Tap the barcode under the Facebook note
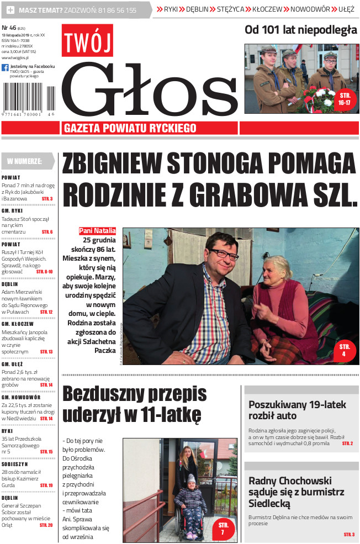coord(28,98)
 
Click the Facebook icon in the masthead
coord(5,68)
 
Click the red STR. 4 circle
coord(345,350)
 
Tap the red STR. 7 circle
coord(223,529)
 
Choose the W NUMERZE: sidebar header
coord(25,161)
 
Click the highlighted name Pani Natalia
coord(97,231)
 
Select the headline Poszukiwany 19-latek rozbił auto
coord(297,410)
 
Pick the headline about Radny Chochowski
coord(297,492)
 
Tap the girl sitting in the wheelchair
coord(190,500)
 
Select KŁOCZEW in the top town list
coord(267,9)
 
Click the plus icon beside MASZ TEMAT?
coord(10,10)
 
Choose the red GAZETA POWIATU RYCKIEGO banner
coord(130,128)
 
